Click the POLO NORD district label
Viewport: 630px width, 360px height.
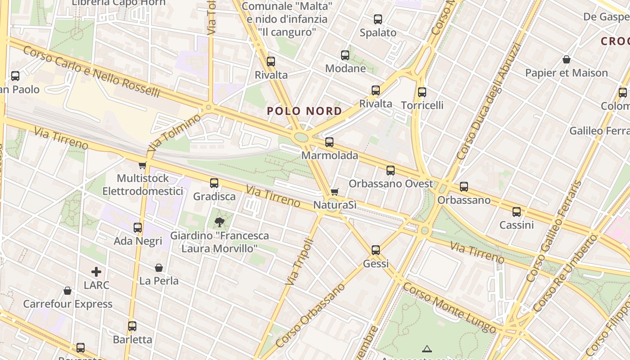(304, 111)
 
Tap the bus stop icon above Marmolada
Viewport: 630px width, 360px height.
(329, 142)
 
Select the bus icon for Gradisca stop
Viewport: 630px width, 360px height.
(214, 183)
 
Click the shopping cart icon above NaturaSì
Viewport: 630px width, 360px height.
(334, 192)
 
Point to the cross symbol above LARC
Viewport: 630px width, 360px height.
(96, 272)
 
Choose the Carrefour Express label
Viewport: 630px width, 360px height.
(68, 304)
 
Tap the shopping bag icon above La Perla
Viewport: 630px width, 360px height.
(159, 268)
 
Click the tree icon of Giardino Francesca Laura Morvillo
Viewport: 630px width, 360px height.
(220, 222)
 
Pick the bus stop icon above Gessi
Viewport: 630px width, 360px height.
(376, 250)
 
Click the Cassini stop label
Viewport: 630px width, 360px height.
(517, 225)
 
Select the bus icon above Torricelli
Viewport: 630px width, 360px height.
(422, 92)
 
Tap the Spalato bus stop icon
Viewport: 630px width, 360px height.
(378, 19)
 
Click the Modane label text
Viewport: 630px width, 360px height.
(346, 68)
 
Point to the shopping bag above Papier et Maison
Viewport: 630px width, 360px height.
(567, 59)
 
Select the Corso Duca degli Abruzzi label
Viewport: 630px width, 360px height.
(488, 102)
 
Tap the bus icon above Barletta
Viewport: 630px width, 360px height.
(132, 326)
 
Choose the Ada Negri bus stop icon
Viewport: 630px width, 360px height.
(138, 228)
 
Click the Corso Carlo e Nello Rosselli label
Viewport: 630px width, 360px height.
(91, 72)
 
